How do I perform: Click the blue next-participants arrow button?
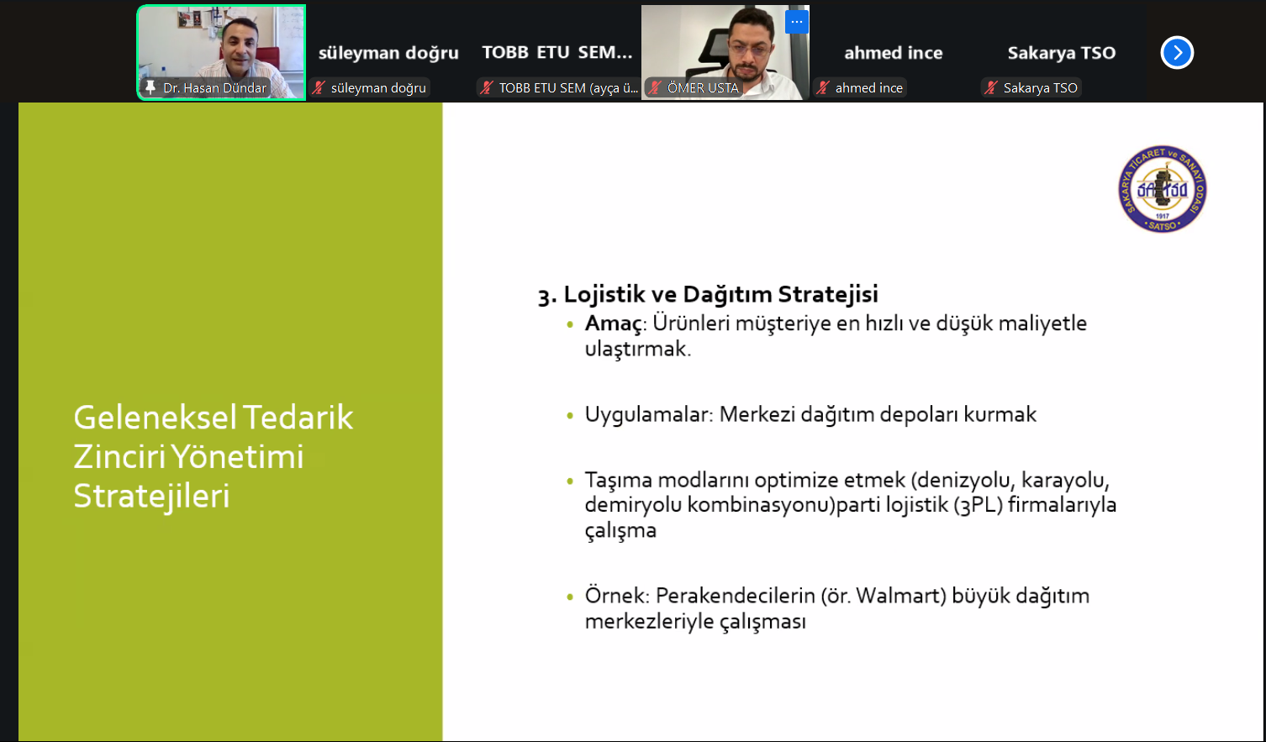(1177, 53)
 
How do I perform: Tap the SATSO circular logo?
(1163, 189)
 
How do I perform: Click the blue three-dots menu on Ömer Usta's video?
(797, 22)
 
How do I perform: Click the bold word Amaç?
(613, 324)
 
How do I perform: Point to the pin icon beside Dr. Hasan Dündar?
(150, 87)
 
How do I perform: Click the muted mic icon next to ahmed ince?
(823, 87)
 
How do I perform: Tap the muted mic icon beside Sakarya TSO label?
(991, 87)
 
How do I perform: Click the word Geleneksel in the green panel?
(155, 418)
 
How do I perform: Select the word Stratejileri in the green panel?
(151, 497)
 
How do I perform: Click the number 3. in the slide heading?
(547, 296)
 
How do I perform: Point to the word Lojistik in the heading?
(604, 294)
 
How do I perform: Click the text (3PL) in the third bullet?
(978, 505)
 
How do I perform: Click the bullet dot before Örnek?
(570, 597)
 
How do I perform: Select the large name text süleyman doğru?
(388, 53)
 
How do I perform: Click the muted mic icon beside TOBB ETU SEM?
(486, 87)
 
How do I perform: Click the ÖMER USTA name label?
(703, 87)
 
